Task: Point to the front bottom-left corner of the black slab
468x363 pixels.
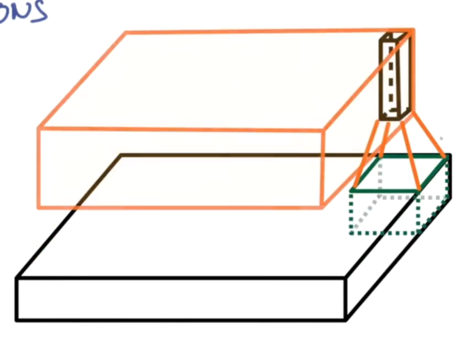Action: [x=17, y=320]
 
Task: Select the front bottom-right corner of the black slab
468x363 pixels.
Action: [x=346, y=320]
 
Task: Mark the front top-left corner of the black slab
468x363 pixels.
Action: [x=17, y=278]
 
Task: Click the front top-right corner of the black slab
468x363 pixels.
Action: [x=345, y=278]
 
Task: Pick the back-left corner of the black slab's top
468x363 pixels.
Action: [x=121, y=155]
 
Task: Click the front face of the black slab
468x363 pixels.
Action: [x=180, y=299]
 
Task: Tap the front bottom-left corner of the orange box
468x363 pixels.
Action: [x=39, y=207]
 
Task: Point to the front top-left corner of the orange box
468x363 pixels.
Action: [x=39, y=128]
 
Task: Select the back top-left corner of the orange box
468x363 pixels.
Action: [x=126, y=32]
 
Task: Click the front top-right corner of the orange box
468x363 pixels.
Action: [x=323, y=130]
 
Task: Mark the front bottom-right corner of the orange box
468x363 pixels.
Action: [x=322, y=207]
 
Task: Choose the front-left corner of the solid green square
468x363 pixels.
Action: [x=352, y=190]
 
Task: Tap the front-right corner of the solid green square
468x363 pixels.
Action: [x=419, y=190]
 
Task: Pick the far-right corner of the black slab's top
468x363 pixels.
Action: [x=450, y=155]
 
